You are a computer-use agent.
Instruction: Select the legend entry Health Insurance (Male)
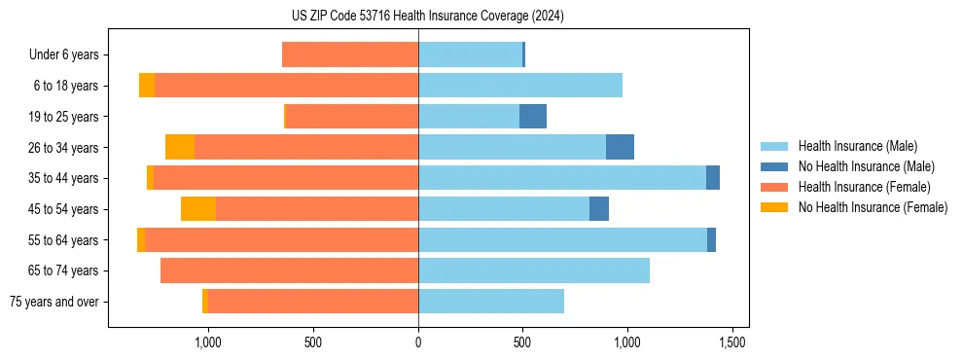coord(857,146)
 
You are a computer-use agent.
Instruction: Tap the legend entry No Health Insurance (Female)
coord(873,207)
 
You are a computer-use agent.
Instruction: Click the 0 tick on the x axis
coord(418,342)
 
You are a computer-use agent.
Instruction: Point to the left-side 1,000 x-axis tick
coord(208,342)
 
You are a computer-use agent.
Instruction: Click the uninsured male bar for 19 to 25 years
coord(533,117)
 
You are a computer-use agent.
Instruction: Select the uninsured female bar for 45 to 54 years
coord(198,209)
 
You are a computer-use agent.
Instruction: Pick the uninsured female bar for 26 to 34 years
coord(180,147)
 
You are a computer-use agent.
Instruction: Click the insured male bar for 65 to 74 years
coord(534,270)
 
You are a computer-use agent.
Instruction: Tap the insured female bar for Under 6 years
coord(350,54)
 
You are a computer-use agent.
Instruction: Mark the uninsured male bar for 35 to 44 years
coord(713,178)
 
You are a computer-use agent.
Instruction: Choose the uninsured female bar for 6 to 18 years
coord(147,86)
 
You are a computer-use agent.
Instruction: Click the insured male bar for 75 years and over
coord(491,302)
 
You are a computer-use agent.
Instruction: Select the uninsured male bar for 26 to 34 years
coord(620,147)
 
